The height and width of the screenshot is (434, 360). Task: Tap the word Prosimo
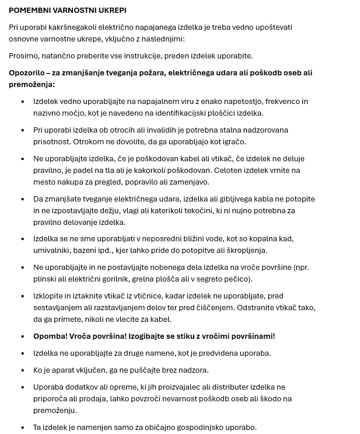[24, 55]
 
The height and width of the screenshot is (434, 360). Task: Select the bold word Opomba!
[50, 336]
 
